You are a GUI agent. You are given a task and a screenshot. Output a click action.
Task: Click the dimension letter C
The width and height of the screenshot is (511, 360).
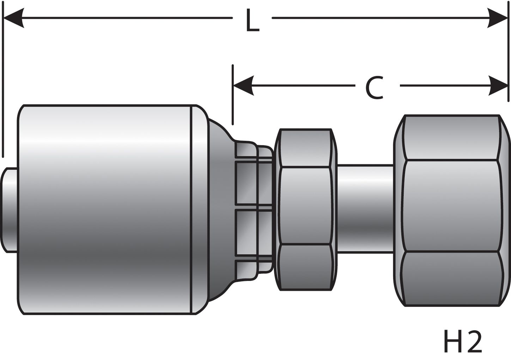tap(374, 88)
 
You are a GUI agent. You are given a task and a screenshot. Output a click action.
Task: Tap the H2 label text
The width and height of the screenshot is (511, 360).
tap(462, 342)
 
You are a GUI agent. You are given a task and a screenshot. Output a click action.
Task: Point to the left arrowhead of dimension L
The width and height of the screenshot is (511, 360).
tap(13, 18)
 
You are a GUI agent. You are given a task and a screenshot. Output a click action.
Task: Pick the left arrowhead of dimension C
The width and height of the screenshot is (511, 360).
tap(243, 86)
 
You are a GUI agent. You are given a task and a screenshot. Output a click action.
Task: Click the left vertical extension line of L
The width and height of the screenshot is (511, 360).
tap(3, 88)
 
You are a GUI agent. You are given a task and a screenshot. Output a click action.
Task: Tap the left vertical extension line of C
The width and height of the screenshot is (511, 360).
tap(233, 95)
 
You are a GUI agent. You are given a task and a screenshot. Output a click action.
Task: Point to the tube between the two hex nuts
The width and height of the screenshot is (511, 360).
tap(365, 208)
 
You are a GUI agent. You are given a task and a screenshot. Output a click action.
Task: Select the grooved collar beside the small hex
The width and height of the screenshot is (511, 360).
tap(254, 208)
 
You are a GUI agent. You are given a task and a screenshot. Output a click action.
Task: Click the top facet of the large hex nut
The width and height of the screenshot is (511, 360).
tap(451, 138)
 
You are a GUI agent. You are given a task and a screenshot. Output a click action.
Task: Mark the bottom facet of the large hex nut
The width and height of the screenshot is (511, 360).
tap(451, 279)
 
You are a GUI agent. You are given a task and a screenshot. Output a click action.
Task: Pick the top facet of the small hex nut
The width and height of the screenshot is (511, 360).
tap(305, 148)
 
